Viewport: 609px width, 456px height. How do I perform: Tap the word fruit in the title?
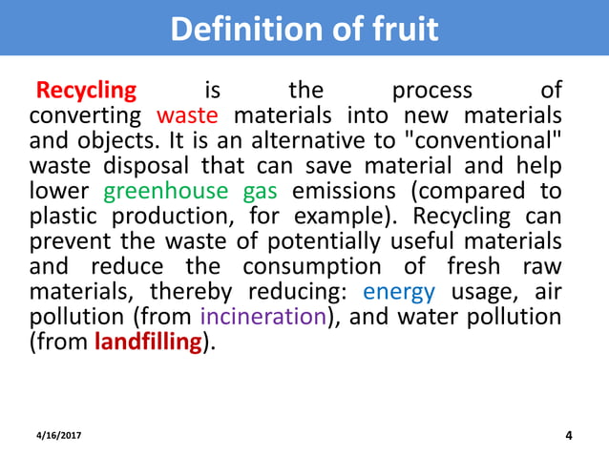click(401, 29)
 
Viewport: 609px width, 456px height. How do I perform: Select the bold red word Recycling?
click(86, 91)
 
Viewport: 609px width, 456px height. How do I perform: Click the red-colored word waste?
click(187, 116)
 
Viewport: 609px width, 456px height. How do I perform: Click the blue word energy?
click(399, 291)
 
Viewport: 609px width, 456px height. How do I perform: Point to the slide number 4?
click(569, 436)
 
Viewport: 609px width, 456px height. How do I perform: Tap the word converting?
click(87, 116)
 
